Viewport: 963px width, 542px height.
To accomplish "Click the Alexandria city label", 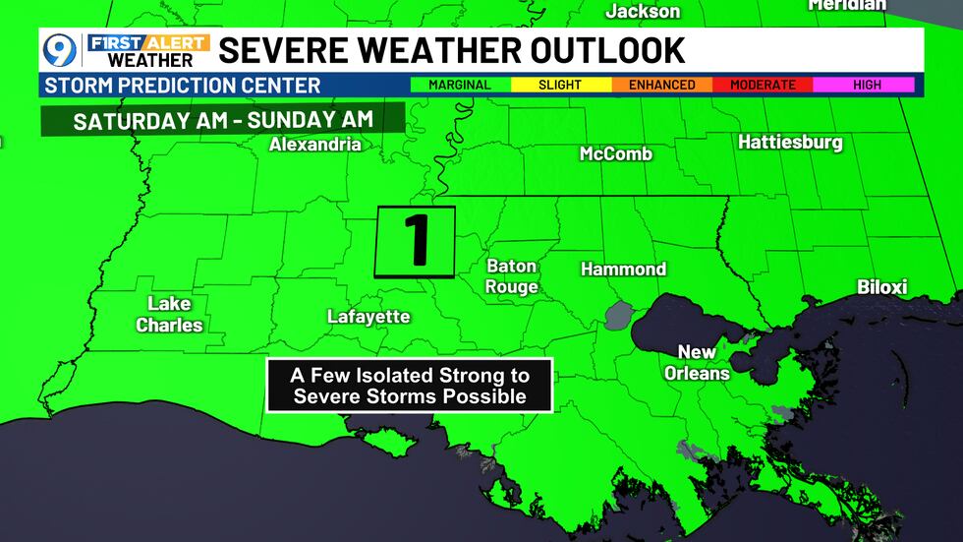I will pos(315,145).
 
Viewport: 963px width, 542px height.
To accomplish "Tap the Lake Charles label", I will pos(169,315).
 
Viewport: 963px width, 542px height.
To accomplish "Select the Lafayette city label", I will pos(368,316).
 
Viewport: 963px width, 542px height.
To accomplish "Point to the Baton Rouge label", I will pos(512,276).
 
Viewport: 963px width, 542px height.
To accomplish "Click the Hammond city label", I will pos(623,269).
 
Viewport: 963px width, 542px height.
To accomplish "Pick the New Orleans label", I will pos(697,363).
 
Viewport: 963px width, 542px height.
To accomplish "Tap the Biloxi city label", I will pos(881,287).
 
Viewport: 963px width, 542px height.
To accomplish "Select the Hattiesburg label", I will pos(790,143).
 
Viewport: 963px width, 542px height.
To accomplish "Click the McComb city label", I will pos(616,153).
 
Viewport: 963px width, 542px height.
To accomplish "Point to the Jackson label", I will pos(643,12).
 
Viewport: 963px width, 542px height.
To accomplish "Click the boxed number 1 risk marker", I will pos(415,241).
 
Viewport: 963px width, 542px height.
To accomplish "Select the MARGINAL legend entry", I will pos(460,85).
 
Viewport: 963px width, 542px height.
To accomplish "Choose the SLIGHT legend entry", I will pos(560,85).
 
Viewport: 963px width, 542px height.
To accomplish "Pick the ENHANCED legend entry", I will pos(661,85).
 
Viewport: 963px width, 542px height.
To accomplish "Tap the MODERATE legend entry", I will pos(763,85).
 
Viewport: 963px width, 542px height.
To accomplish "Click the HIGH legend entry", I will pos(866,85).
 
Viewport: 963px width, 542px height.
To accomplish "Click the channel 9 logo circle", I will pos(60,49).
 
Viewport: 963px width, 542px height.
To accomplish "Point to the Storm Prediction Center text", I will pos(183,86).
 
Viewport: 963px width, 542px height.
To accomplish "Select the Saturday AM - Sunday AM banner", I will pos(224,120).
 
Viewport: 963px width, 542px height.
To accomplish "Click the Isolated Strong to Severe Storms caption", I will pos(410,386).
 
